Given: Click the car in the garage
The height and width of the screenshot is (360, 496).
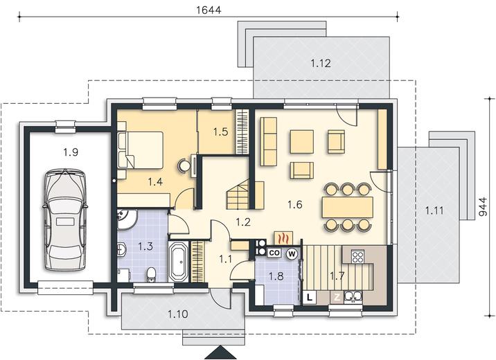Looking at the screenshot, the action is point(64,220).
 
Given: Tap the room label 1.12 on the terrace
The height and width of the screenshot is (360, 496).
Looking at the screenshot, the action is point(321,64).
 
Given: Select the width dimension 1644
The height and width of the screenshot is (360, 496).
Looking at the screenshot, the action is point(209,10).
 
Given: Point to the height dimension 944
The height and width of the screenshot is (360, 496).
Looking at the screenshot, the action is point(483,207).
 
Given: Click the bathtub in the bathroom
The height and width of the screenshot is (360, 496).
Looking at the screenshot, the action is point(179,262).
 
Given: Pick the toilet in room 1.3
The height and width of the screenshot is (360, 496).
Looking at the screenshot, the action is point(152,274).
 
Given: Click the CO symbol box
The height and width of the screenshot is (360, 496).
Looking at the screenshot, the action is point(274,253).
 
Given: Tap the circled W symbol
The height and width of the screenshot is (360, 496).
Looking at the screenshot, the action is point(292,253).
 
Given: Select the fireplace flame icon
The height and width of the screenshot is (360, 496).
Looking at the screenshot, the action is point(284,238).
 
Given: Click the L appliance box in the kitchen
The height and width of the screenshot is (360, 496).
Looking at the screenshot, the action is point(310,297).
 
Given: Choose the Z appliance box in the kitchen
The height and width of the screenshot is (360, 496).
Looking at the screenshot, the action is point(337,297).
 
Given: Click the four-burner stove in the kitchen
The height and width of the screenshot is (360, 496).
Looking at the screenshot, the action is point(357,256).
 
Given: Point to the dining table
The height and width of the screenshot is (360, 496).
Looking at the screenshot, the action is point(348,207).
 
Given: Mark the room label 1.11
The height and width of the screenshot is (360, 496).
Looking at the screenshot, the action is point(434,210).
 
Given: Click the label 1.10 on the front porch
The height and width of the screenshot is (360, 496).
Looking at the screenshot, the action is point(178,314).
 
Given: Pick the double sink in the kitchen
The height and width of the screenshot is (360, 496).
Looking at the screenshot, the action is point(353,297).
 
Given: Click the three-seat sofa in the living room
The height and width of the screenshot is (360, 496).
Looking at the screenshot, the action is point(268,141).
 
